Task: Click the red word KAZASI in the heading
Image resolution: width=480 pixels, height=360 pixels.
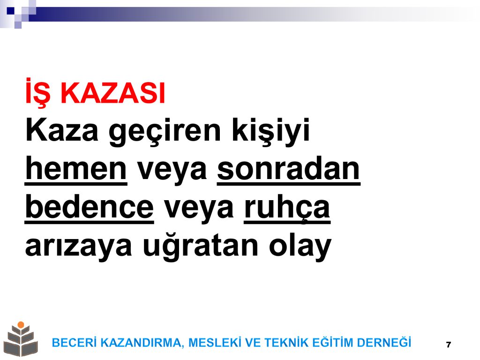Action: pyautogui.click(x=113, y=93)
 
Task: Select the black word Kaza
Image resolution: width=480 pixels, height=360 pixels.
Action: pyautogui.click(x=62, y=130)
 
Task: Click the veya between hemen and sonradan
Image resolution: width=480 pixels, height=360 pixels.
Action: pyautogui.click(x=172, y=172)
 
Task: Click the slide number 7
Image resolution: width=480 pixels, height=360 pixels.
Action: pyautogui.click(x=449, y=345)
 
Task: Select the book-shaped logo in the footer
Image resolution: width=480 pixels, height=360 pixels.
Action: pyautogui.click(x=21, y=339)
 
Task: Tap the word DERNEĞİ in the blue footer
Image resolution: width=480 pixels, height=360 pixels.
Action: pyautogui.click(x=384, y=342)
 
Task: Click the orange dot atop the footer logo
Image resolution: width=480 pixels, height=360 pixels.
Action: pyautogui.click(x=21, y=325)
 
